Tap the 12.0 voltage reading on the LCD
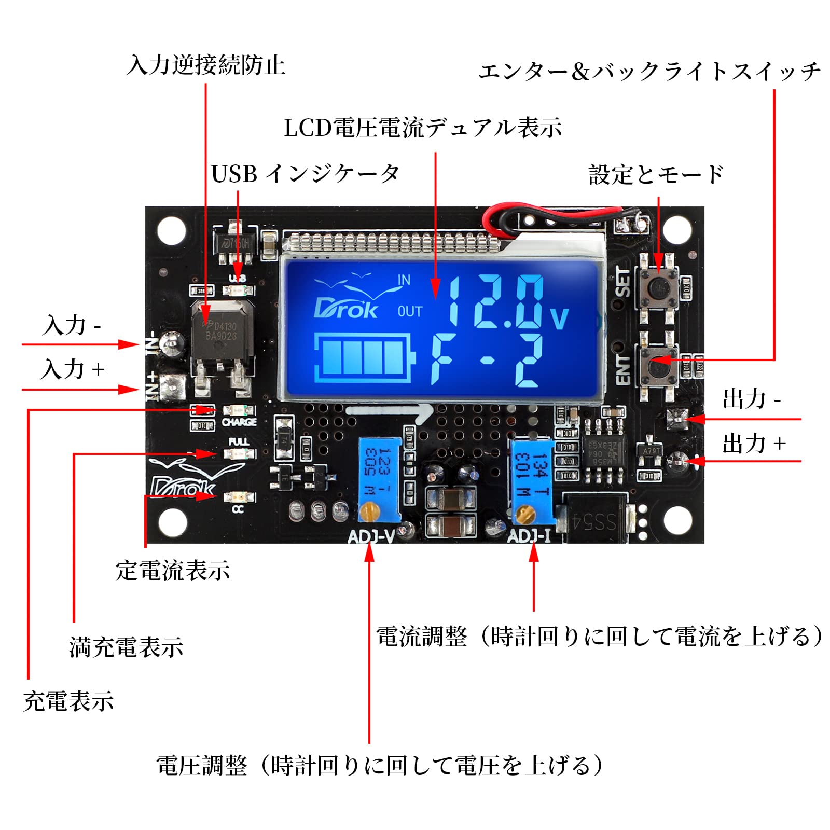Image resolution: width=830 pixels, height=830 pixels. coord(498,303)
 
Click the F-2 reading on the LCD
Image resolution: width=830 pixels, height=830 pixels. coord(488,361)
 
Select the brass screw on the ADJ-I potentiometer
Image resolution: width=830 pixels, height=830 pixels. coord(524,514)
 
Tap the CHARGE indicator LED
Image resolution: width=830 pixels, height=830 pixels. coord(239,410)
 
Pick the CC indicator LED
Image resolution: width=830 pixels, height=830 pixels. coord(239,497)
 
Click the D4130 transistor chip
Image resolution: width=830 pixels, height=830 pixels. coord(222,332)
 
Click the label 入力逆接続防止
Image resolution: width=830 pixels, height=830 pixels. coord(206,65)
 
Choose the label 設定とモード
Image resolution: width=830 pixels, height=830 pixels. coord(656,175)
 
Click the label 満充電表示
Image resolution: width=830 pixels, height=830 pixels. coord(126,647)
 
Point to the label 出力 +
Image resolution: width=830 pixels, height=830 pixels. coord(754,444)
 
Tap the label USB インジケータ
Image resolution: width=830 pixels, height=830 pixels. coord(305,174)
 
